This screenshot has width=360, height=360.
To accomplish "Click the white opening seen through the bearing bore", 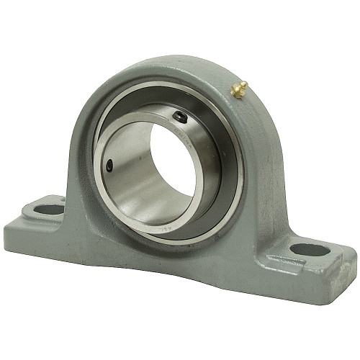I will point(172,154).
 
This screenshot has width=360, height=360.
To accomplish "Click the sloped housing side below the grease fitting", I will point(259,144).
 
